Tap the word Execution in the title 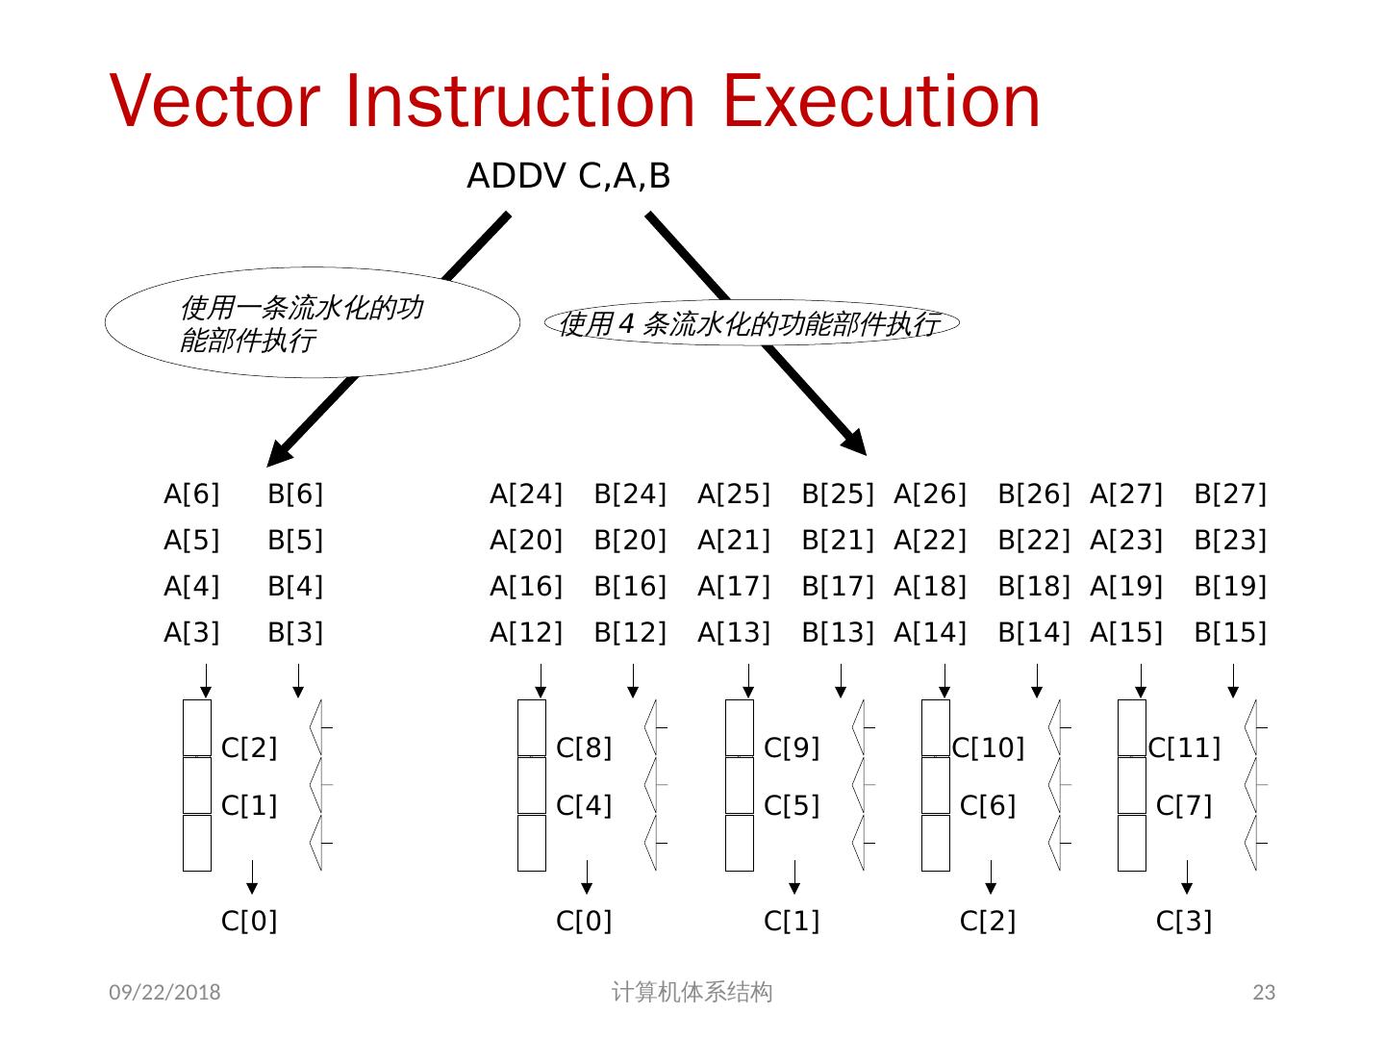tap(881, 100)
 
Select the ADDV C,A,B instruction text tap(568, 177)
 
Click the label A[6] tap(191, 494)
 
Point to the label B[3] tap(295, 633)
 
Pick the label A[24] tap(526, 494)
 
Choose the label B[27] tap(1230, 494)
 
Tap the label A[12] tap(526, 633)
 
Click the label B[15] tap(1230, 633)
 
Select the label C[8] tap(584, 748)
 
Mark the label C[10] tap(988, 748)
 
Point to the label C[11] tap(1184, 748)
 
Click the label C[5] tap(792, 806)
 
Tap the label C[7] tap(1184, 806)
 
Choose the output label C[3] tap(1184, 922)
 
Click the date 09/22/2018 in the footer tap(164, 993)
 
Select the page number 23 tap(1264, 993)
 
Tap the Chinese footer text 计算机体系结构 tap(692, 993)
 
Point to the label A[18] tap(930, 587)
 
